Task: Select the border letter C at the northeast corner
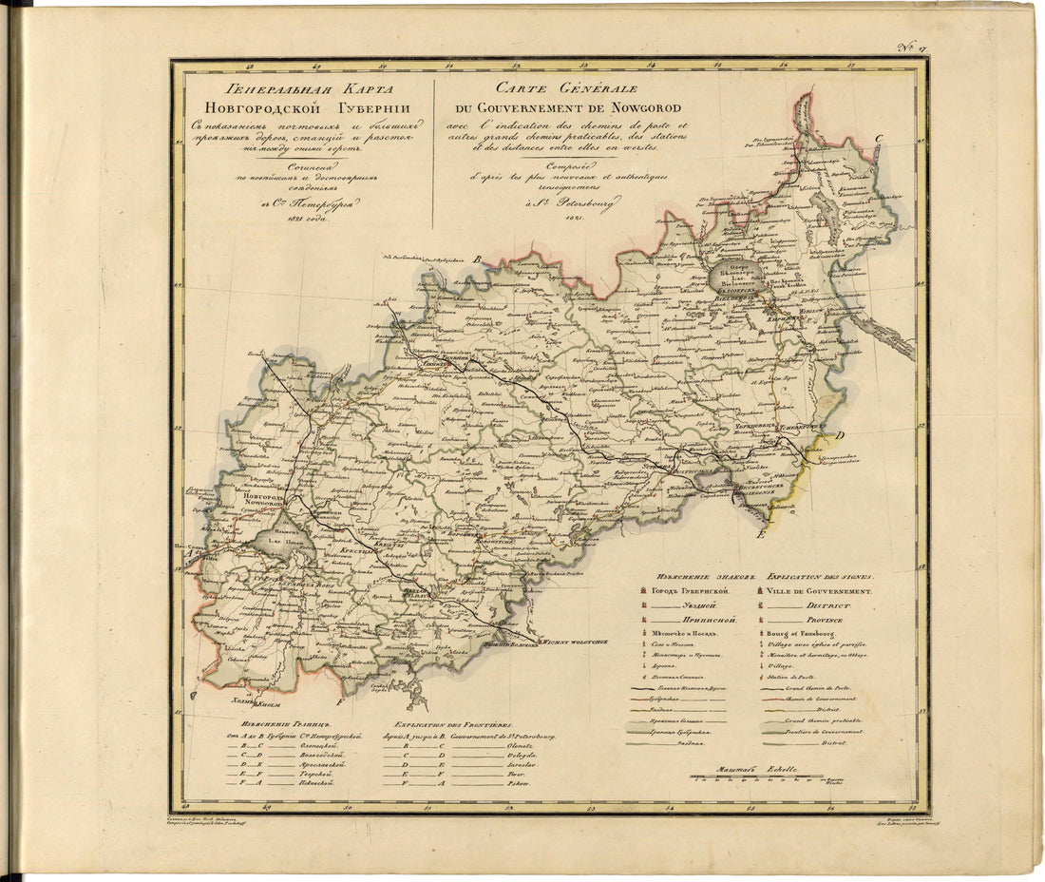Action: pos(879,140)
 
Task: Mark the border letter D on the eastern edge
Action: pos(840,435)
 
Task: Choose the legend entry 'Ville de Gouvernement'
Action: pos(819,590)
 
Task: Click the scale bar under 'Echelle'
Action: pos(756,777)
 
